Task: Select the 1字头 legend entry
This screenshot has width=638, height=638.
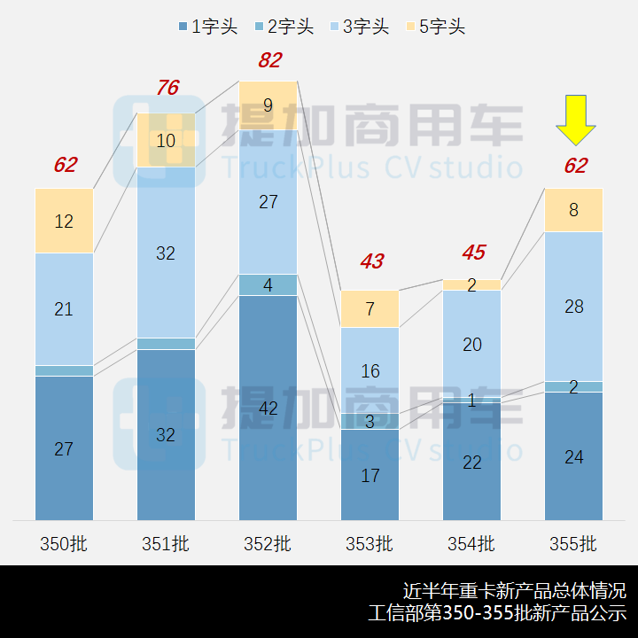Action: pyautogui.click(x=208, y=27)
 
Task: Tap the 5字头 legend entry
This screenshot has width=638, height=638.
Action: pyautogui.click(x=434, y=27)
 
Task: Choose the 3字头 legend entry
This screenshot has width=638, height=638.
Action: pyautogui.click(x=359, y=27)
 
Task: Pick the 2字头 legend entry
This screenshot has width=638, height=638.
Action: pyautogui.click(x=284, y=27)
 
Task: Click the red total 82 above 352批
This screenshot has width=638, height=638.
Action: pyautogui.click(x=269, y=60)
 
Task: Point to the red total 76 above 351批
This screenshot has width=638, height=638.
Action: pyautogui.click(x=167, y=88)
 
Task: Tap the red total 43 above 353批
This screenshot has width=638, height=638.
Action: pyautogui.click(x=371, y=261)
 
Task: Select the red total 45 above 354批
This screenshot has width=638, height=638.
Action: pyautogui.click(x=473, y=253)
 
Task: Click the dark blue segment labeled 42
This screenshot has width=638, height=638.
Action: pyautogui.click(x=268, y=408)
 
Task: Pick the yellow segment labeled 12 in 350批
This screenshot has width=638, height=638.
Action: pyautogui.click(x=64, y=221)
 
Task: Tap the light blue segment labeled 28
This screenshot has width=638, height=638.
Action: pyautogui.click(x=573, y=307)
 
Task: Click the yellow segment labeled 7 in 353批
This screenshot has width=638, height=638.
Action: pyautogui.click(x=370, y=309)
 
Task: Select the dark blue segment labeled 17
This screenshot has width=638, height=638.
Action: pyautogui.click(x=370, y=475)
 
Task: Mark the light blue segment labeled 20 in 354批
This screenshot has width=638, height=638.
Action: pyautogui.click(x=472, y=344)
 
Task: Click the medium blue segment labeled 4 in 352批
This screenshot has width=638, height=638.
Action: pyautogui.click(x=268, y=285)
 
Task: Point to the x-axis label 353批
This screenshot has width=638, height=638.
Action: pyautogui.click(x=370, y=543)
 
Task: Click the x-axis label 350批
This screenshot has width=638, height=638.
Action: pyautogui.click(x=64, y=543)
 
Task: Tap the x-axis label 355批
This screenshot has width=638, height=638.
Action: pyautogui.click(x=573, y=543)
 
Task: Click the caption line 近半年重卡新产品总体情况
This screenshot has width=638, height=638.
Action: pyautogui.click(x=514, y=590)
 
